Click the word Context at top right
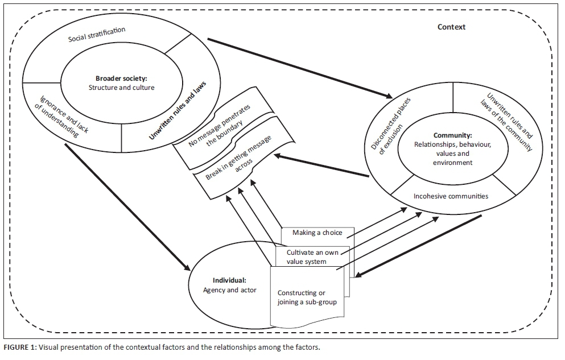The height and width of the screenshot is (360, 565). (451, 27)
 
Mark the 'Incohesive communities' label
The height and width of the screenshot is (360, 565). (449, 197)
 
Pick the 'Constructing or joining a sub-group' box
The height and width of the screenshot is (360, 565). (307, 297)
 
